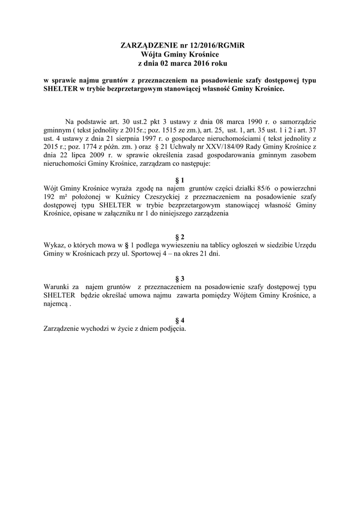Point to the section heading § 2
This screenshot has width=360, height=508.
[x=180, y=237]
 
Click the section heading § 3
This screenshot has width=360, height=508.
[x=180, y=278]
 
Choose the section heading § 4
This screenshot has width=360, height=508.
[x=180, y=320]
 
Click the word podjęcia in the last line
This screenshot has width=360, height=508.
[x=171, y=328]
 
